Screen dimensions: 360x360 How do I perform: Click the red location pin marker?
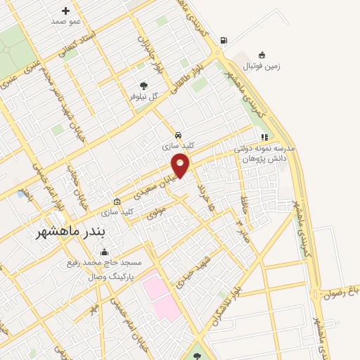(181, 165)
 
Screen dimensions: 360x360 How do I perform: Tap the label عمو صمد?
(66, 21)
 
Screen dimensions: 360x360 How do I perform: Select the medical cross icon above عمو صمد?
(66, 11)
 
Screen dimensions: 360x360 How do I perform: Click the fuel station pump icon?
(224, 40)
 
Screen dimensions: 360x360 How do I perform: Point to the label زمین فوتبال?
(262, 66)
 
